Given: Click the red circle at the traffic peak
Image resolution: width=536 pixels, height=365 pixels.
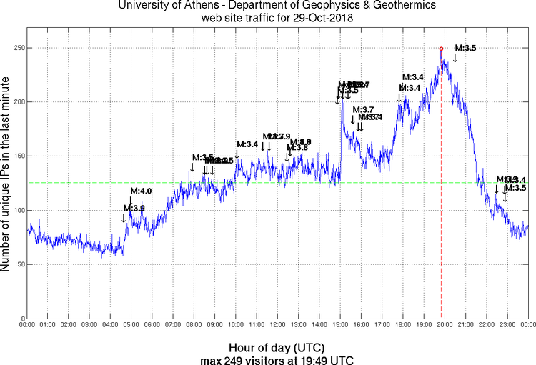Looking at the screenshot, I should pyautogui.click(x=441, y=49).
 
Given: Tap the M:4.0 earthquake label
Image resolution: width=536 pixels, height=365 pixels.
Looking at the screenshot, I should pyautogui.click(x=141, y=191).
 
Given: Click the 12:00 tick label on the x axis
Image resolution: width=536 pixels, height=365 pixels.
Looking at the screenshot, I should pyautogui.click(x=277, y=324).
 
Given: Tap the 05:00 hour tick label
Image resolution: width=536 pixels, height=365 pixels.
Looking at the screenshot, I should pyautogui.click(x=131, y=324).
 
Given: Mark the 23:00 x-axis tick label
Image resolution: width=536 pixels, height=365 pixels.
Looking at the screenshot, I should pyautogui.click(x=507, y=324).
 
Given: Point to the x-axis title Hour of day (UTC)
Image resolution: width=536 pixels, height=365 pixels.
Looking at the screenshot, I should pyautogui.click(x=277, y=348).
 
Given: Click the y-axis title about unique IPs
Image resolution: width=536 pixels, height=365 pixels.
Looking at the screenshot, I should pyautogui.click(x=6, y=174).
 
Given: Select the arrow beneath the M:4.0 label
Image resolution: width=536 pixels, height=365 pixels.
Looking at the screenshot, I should pyautogui.click(x=131, y=201).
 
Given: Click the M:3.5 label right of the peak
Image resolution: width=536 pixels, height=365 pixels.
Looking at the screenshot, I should pyautogui.click(x=465, y=48).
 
